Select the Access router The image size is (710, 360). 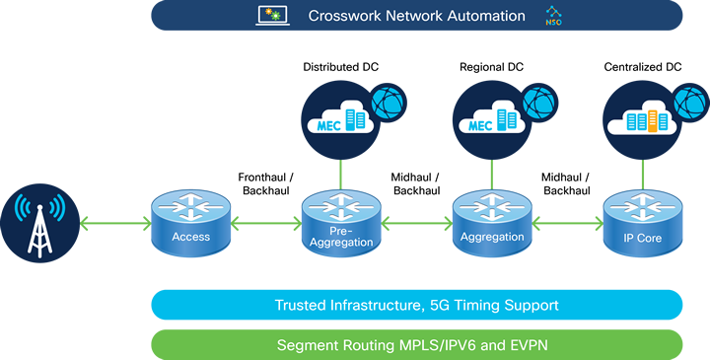[190, 223]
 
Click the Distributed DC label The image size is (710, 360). [340, 67]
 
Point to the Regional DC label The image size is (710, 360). [490, 67]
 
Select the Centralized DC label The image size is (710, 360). [642, 67]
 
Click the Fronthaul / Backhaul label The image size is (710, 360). [264, 182]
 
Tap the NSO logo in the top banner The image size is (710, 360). [551, 16]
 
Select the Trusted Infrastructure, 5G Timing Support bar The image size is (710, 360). [416, 305]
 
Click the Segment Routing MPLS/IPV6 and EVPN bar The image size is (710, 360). [416, 344]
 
